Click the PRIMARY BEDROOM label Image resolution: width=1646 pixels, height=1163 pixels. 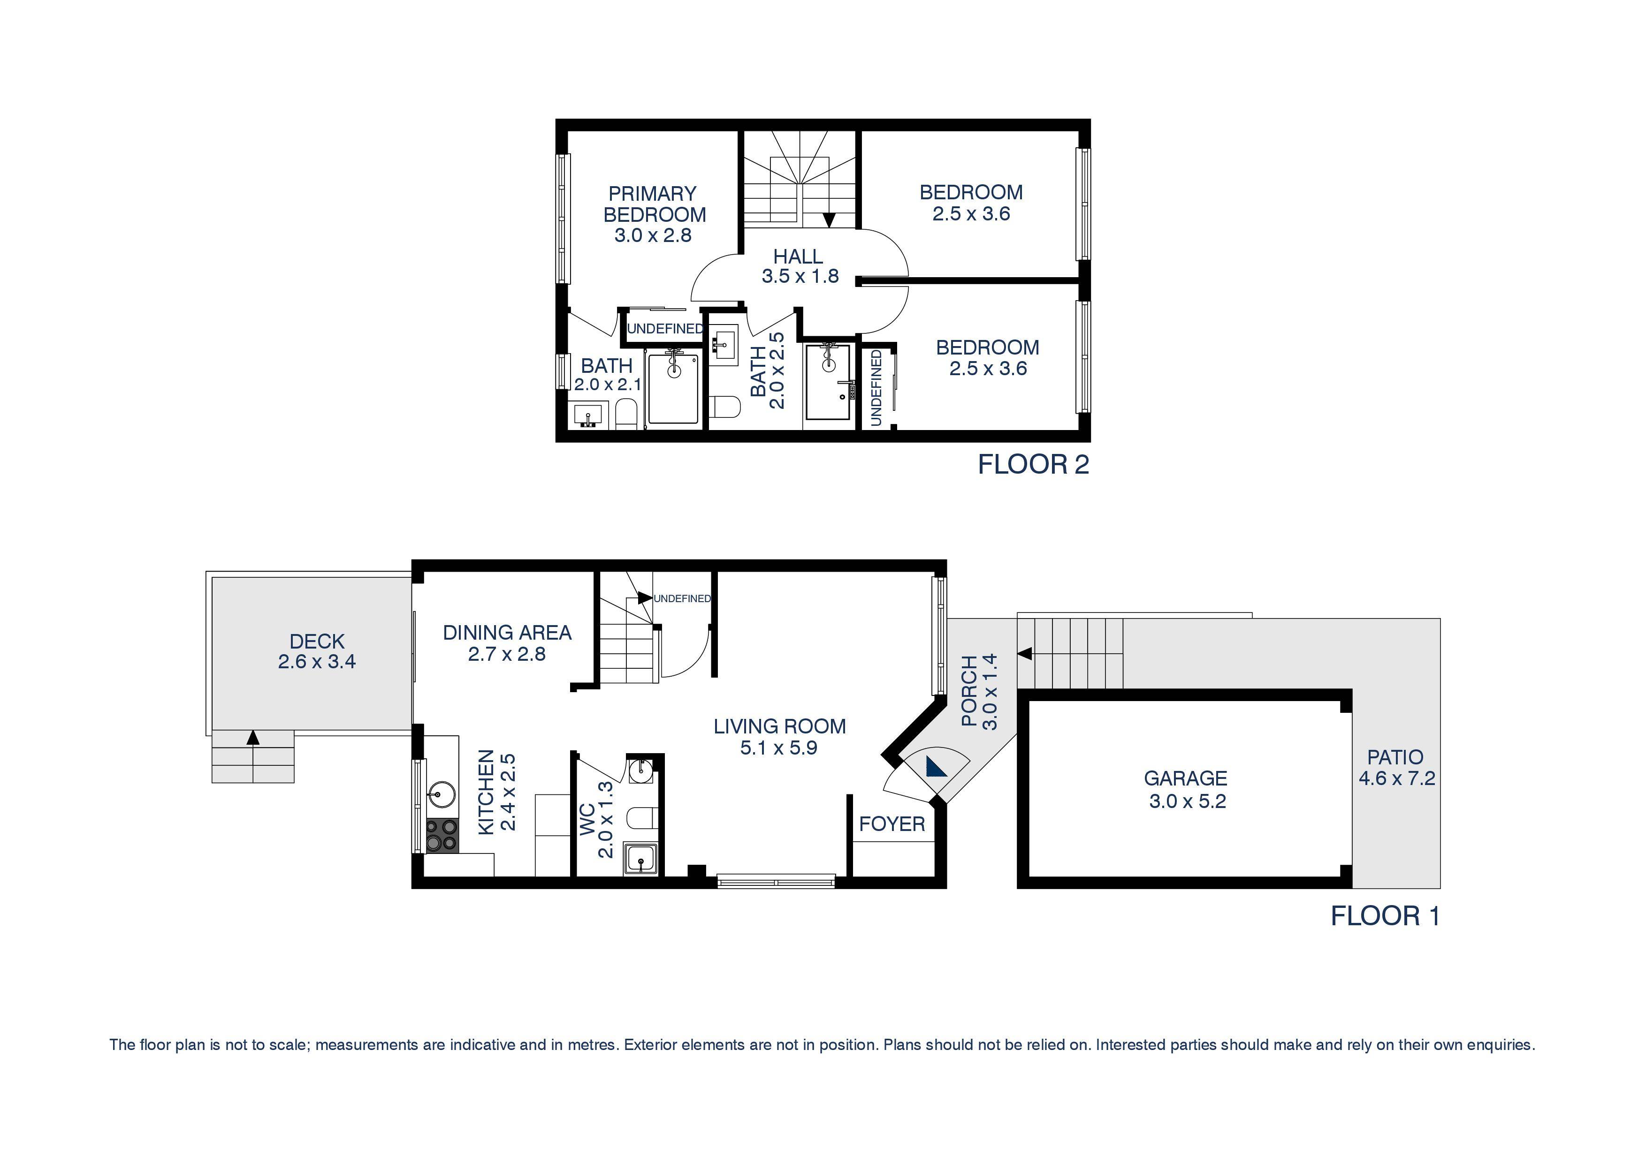[653, 204]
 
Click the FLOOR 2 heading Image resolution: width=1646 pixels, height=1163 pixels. [1033, 464]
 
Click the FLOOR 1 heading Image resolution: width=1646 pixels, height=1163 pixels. [1385, 916]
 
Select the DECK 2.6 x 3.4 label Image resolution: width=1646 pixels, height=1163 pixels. [317, 650]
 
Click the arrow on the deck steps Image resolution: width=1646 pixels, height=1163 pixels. [252, 737]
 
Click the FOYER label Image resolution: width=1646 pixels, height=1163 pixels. [892, 824]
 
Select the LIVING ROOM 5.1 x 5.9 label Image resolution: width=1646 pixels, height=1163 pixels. [779, 737]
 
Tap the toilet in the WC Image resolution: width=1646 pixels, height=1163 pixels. [640, 817]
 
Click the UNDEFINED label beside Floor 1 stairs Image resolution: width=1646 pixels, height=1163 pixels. [682, 598]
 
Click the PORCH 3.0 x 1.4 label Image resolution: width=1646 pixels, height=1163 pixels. [979, 692]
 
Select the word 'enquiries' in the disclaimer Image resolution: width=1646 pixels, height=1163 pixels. [1501, 1045]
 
